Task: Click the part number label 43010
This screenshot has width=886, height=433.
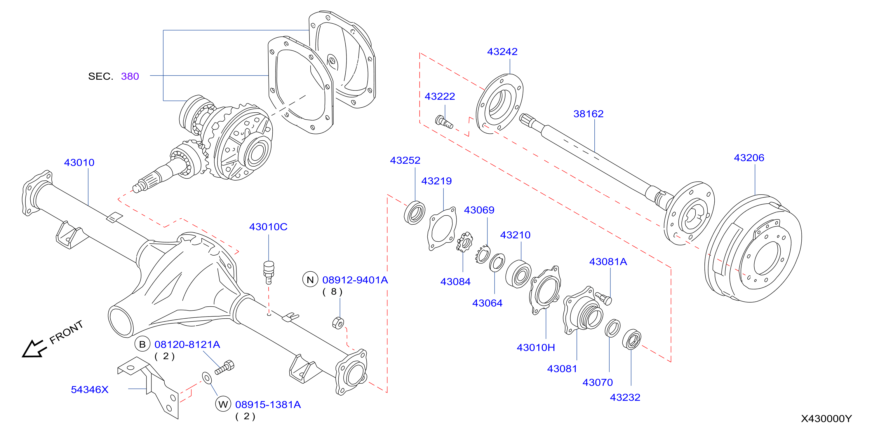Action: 79,163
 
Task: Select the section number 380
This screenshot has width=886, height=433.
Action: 130,76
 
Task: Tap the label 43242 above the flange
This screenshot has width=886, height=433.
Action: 502,52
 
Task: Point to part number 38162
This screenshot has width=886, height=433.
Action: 589,114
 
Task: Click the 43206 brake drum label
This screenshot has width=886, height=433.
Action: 749,158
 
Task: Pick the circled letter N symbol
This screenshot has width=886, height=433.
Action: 310,280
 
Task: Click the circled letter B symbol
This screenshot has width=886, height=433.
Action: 142,344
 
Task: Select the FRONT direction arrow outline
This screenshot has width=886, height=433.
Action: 34,349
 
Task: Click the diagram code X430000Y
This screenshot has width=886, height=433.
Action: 826,419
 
